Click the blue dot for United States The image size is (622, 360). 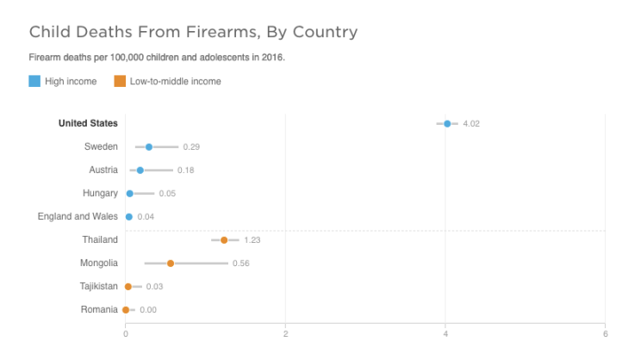coord(447,124)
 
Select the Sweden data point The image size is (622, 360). coord(149,147)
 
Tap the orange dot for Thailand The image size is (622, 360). coord(224,240)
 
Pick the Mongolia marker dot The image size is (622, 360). coord(171,264)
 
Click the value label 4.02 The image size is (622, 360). coord(471,124)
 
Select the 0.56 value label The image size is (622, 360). coord(241,264)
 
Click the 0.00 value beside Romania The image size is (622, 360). coord(148,310)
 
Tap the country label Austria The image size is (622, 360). coord(103,170)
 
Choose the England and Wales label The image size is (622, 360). coord(78,216)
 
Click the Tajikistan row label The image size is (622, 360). coord(99,286)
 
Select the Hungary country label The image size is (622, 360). coord(100,193)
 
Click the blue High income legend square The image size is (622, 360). coord(34,81)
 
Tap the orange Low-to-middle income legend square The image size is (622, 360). coord(119,81)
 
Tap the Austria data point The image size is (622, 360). coord(140,171)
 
